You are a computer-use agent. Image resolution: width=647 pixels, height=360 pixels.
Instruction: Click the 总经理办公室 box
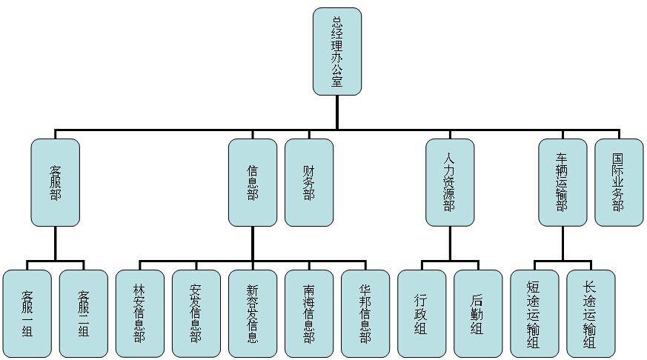coord(337,51)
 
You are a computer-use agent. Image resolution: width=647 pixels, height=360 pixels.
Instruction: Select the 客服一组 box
coord(27,313)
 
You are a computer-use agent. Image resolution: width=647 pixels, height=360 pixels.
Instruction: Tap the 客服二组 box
coord(84,313)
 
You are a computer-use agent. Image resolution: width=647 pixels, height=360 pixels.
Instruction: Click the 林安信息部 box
coord(140,313)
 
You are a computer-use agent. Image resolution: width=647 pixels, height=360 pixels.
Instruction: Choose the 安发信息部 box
coord(196,313)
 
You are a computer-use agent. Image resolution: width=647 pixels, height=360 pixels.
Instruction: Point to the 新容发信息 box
coord(253,313)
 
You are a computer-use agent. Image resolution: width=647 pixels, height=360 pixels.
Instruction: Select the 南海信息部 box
coord(309,313)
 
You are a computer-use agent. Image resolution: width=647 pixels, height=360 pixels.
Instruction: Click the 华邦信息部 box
coord(365,313)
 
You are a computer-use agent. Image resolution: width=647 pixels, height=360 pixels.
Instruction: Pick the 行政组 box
coord(422,313)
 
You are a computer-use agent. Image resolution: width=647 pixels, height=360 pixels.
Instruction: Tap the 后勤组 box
coord(478,313)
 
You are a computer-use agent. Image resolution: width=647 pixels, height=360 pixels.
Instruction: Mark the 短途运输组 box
coord(534,313)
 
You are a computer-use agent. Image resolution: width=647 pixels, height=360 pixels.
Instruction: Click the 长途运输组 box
coord(591,313)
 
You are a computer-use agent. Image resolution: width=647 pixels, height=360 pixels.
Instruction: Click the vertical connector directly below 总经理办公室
coord(337,113)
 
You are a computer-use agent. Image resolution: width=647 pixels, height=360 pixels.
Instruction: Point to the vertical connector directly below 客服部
coord(56,244)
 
